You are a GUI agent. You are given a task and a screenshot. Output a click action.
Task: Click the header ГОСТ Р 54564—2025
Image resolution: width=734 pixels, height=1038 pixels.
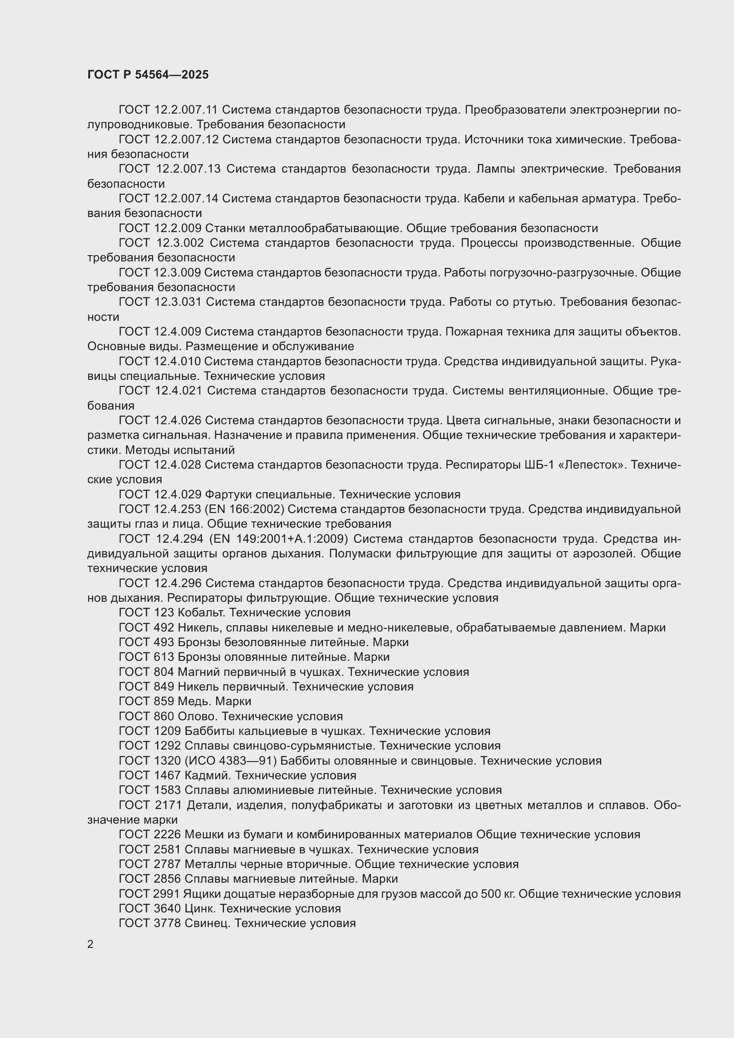pyautogui.click(x=148, y=75)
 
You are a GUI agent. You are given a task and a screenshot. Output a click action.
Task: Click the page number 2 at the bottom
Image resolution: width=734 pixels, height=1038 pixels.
pyautogui.click(x=91, y=944)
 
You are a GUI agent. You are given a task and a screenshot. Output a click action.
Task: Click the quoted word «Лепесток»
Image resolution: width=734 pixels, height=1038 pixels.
pyautogui.click(x=592, y=465)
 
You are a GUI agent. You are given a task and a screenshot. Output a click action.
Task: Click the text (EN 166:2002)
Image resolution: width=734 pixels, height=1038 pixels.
pyautogui.click(x=245, y=509)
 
